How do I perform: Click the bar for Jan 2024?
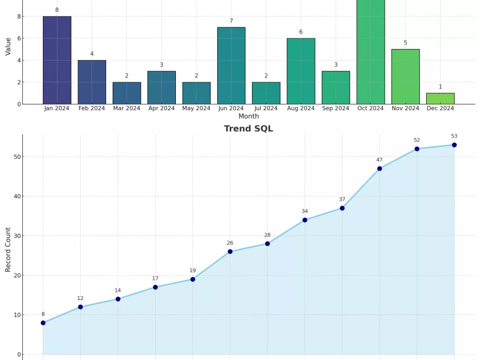(57, 60)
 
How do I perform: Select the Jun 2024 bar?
(231, 66)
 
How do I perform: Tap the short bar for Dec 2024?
(440, 99)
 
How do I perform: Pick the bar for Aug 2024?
(301, 71)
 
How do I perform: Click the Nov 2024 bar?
(406, 77)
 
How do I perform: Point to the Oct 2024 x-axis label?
(370, 109)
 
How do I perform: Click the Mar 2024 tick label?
(127, 109)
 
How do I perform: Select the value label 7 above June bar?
(231, 21)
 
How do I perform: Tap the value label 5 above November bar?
(406, 43)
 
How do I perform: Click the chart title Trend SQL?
(248, 129)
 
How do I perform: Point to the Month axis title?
(248, 116)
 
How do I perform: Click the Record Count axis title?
(8, 250)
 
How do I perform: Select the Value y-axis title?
(8, 46)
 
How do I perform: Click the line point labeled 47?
(380, 169)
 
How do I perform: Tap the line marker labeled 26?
(230, 252)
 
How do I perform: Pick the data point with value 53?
(454, 145)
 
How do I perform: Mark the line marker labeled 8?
(43, 323)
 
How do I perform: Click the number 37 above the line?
(342, 199)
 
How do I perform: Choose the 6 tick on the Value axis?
(19, 38)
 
